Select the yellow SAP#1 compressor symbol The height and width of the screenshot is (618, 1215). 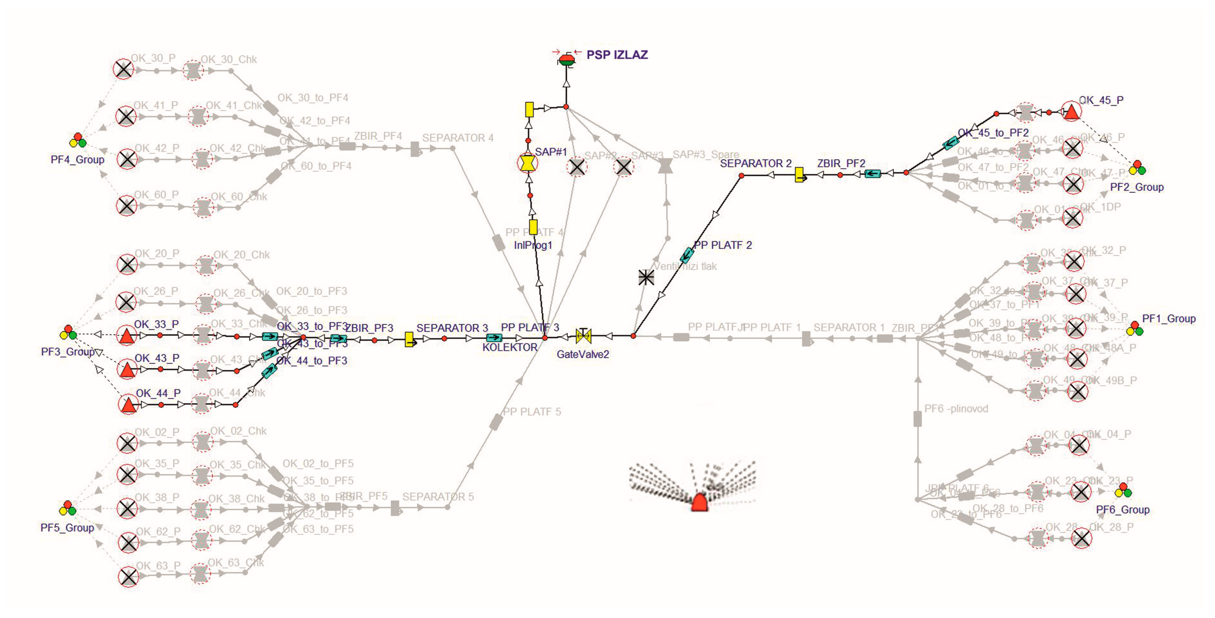click(527, 163)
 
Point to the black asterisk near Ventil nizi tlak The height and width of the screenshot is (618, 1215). click(646, 277)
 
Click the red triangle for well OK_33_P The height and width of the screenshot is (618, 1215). click(126, 335)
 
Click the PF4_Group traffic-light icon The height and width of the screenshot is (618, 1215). click(78, 141)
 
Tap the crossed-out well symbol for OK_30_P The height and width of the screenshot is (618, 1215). click(124, 70)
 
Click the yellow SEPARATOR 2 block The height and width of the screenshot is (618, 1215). click(799, 175)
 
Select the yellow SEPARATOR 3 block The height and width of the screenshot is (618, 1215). click(410, 339)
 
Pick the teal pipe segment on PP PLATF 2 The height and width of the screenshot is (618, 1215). click(687, 255)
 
